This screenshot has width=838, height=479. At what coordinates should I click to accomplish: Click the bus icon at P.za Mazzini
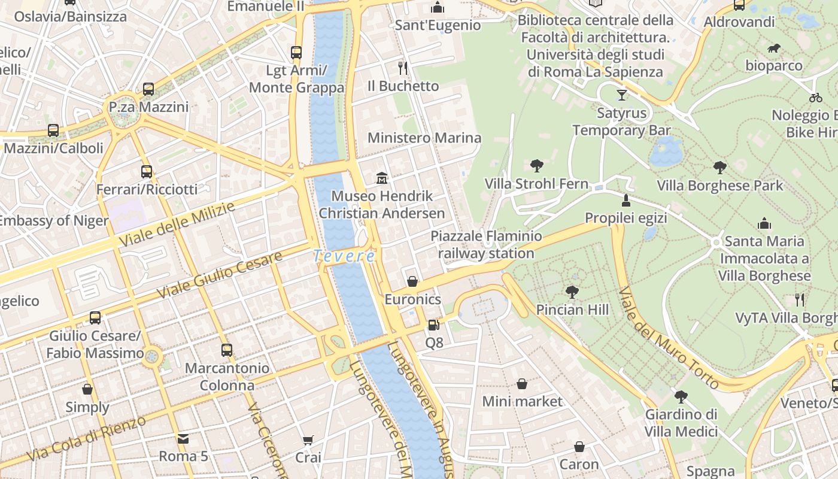coord(148,89)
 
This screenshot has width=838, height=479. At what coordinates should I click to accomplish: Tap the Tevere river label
coord(344,256)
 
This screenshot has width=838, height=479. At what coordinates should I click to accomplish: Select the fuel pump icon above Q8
coord(433,325)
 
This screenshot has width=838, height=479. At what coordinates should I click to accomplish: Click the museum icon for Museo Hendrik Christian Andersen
coord(381,178)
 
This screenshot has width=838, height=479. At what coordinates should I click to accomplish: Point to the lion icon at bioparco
coord(773,48)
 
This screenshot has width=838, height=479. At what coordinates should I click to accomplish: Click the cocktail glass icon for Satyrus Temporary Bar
coord(622,95)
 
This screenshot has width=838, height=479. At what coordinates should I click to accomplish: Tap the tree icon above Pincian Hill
coord(572,292)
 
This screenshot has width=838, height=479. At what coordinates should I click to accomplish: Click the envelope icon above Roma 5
coord(183,439)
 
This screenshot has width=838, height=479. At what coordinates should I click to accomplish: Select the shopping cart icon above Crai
coord(308,441)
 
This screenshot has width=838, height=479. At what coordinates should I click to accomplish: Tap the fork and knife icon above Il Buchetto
coord(403,68)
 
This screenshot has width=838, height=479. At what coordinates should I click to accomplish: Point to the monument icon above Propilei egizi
coord(626,200)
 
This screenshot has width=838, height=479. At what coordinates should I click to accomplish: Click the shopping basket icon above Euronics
coord(412,281)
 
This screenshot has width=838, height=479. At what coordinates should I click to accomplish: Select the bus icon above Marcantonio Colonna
coord(227,350)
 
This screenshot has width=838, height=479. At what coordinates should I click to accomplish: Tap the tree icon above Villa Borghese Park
coord(719,168)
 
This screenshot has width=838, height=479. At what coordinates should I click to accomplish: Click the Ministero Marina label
coord(424,138)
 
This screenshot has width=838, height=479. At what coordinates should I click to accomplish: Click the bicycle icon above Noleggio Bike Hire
coord(815,97)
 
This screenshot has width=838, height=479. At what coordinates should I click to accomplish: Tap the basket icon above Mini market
coord(522,384)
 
